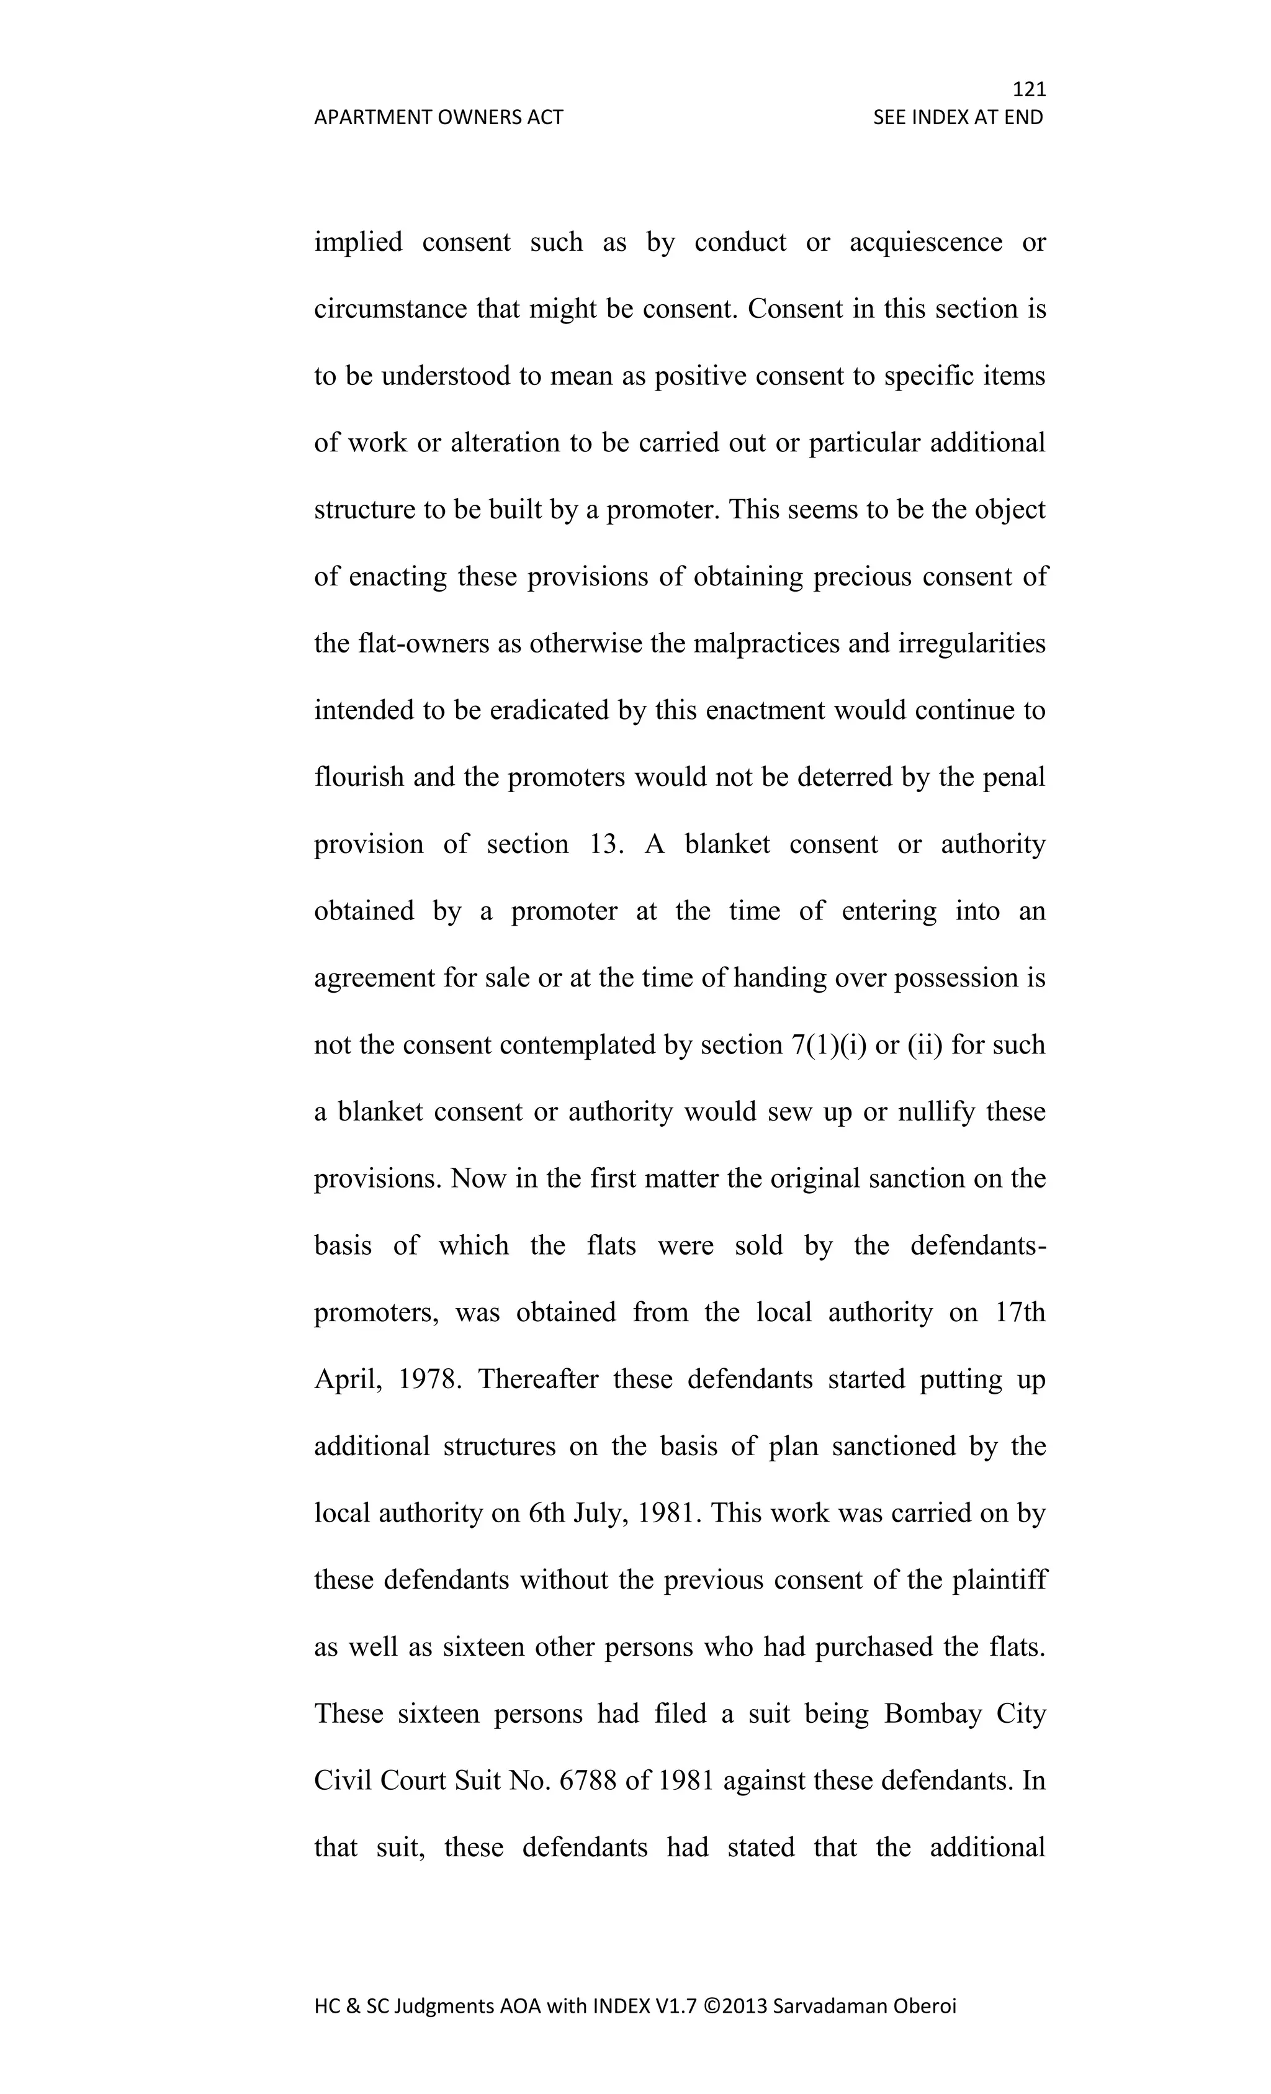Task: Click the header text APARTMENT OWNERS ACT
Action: (x=438, y=117)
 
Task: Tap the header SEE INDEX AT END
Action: (x=958, y=117)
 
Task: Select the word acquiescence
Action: (x=925, y=242)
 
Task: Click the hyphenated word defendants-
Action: (x=977, y=1246)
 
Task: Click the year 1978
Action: (x=429, y=1379)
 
